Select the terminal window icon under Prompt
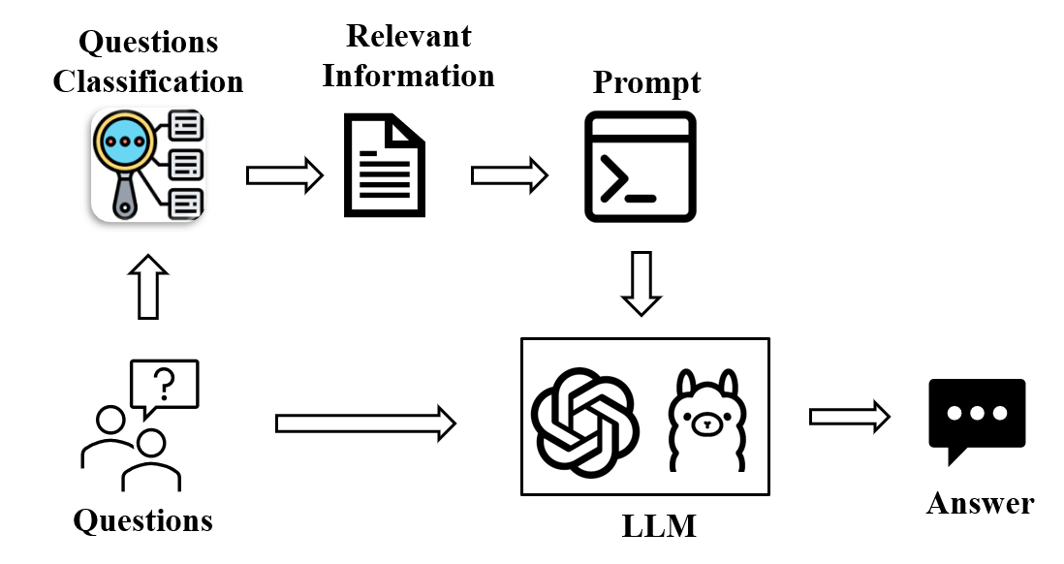pos(641,166)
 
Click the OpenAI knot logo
pos(584,423)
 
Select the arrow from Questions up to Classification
pos(148,288)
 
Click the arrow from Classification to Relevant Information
pos(284,175)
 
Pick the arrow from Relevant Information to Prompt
pos(509,175)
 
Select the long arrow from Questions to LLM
pos(365,423)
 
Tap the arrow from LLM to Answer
pos(849,417)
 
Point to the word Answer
pos(980,504)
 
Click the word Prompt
pos(646,83)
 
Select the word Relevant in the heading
pos(408,37)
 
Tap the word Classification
pos(148,81)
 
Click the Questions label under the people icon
pos(143,520)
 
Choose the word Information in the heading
pos(408,76)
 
